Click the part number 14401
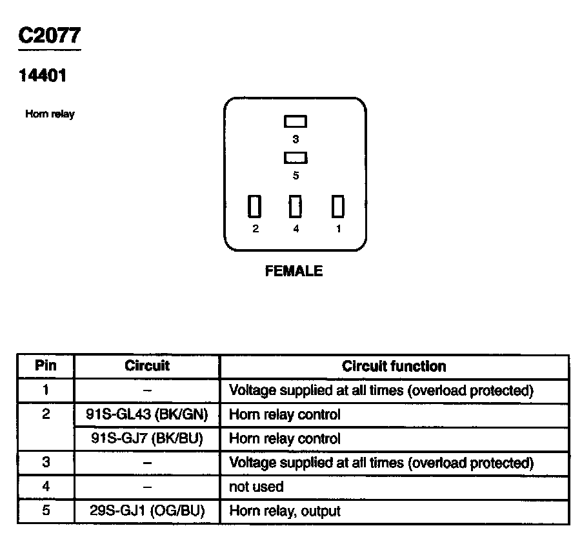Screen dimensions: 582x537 42,76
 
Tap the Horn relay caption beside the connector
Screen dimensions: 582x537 50,114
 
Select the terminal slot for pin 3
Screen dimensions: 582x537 296,121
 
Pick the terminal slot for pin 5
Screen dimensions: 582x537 296,157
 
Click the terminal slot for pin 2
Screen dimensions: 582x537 255,207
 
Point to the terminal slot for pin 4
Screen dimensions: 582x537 296,207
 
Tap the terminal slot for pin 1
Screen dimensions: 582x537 338,207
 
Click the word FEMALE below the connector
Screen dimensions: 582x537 294,272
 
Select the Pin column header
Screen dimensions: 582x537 45,366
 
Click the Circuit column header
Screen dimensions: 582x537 147,366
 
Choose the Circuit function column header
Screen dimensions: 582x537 394,367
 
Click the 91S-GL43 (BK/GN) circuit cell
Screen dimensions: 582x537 147,414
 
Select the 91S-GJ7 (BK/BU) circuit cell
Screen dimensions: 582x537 147,439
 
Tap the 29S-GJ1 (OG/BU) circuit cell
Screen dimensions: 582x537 147,511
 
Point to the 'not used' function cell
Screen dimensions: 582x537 256,487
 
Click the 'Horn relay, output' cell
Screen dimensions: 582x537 285,511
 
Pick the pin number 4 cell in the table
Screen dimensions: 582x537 45,487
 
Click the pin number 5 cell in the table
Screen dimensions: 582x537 45,511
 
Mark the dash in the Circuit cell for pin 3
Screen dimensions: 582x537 147,463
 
